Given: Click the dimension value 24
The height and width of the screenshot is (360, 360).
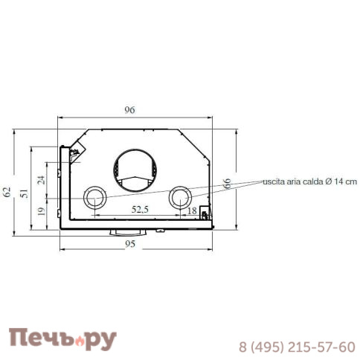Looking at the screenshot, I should pos(42,179).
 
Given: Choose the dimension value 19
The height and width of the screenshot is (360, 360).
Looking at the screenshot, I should pos(42,211).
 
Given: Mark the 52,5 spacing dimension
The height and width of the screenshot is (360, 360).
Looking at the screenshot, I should pos(140,210).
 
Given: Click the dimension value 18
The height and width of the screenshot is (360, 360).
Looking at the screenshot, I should pos(192,210).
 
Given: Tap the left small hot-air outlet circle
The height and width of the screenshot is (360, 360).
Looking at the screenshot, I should pos(94,198).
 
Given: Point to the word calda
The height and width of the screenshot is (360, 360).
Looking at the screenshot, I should pos(311,181).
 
